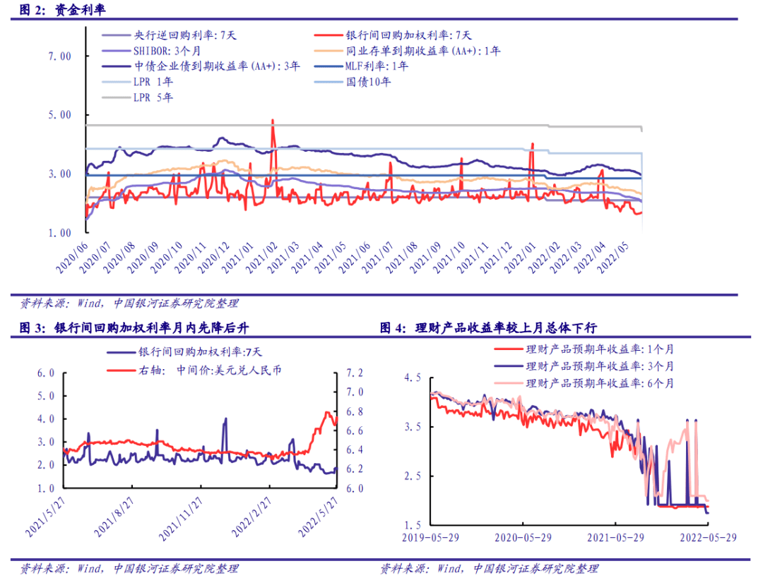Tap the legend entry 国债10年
coord(368,82)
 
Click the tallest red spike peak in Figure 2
coord(272,121)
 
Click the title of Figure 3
coord(134,327)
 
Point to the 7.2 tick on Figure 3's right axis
coord(353,373)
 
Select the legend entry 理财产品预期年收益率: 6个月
coord(600,383)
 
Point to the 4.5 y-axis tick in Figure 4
coord(410,378)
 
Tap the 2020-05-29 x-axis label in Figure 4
coord(522,537)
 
